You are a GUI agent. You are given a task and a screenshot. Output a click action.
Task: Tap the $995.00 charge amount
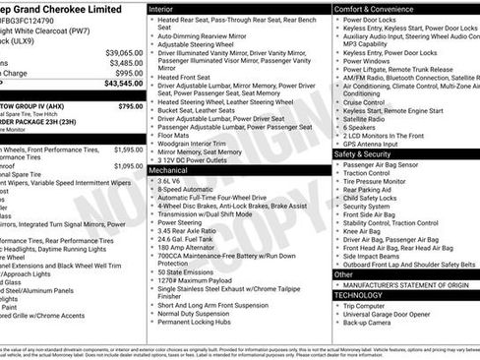coord(128,73)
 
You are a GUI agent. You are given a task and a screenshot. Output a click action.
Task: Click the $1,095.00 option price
coord(128,166)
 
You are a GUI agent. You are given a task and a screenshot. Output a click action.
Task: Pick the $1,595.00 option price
coord(128,150)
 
